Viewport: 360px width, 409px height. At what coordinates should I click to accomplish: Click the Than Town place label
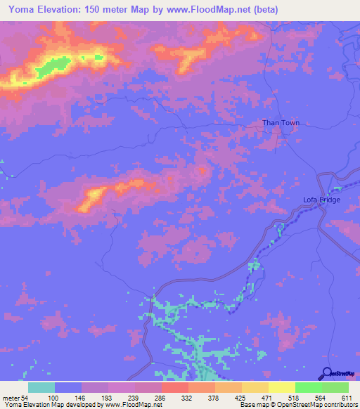(x=281, y=122)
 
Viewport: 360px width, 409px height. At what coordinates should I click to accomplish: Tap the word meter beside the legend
(x=11, y=397)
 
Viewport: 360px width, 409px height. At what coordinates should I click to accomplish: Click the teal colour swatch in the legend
(x=41, y=387)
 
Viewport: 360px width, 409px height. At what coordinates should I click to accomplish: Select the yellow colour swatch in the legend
(x=281, y=387)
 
